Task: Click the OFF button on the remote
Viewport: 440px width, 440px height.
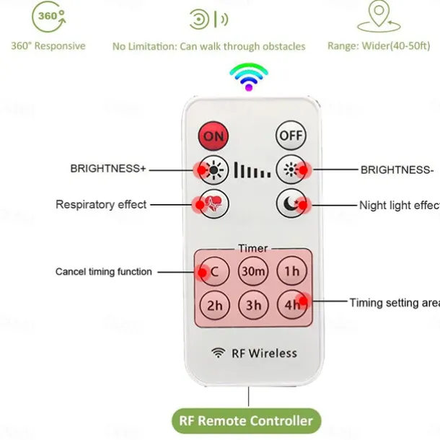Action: [291, 136]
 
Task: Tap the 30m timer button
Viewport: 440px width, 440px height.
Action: [253, 271]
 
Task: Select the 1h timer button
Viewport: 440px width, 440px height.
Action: [292, 271]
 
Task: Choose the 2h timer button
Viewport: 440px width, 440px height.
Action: [215, 305]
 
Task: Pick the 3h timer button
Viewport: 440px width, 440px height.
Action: [253, 305]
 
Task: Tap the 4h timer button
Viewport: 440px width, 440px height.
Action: [292, 305]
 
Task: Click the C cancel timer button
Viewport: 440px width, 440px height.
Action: [214, 271]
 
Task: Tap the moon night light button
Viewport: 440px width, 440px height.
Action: [291, 203]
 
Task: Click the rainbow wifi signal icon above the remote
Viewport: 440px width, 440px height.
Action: [249, 77]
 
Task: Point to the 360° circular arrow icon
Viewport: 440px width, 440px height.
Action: [49, 17]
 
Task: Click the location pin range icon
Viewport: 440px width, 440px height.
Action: [379, 17]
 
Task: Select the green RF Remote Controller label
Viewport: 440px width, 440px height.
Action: [247, 421]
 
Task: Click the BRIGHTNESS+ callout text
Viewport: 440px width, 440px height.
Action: [108, 169]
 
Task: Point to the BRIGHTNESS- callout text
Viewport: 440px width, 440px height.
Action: [397, 170]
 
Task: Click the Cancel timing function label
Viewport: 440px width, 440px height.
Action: [104, 272]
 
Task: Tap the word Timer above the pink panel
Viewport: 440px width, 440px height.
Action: [253, 248]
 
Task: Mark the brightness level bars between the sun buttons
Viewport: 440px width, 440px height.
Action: [252, 170]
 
